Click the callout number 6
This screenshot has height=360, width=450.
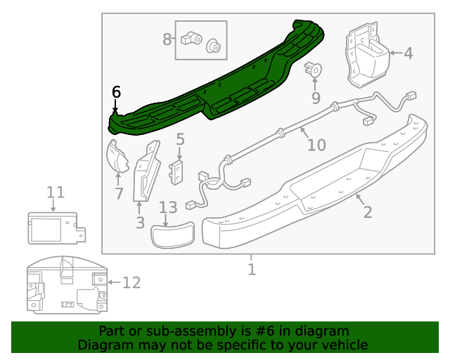pyautogui.click(x=117, y=92)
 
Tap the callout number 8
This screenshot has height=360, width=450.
pyautogui.click(x=167, y=39)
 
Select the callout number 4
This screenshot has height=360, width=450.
pyautogui.click(x=408, y=53)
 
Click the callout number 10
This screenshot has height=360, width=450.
pyautogui.click(x=316, y=145)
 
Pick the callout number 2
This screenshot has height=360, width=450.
pyautogui.click(x=368, y=211)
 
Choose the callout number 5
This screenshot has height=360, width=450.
pyautogui.click(x=180, y=139)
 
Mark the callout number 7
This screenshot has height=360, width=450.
pyautogui.click(x=119, y=193)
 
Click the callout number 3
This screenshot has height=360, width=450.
pyautogui.click(x=140, y=223)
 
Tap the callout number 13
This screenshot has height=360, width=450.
pyautogui.click(x=168, y=207)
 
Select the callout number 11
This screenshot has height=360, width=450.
pyautogui.click(x=56, y=193)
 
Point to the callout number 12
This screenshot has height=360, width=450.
pyautogui.click(x=131, y=283)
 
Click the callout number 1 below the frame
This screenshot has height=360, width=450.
pyautogui.click(x=252, y=269)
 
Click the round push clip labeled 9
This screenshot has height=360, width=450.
pyautogui.click(x=314, y=70)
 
